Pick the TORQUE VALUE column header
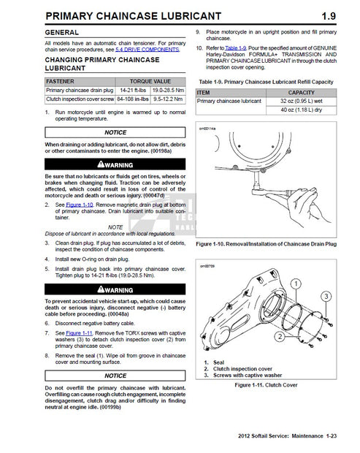tap(150, 82)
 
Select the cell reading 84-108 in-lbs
tap(133, 98)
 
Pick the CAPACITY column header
tap(301, 93)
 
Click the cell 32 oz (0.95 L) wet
tap(301, 102)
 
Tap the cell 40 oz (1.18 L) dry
tap(301, 110)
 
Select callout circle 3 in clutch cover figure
tap(326, 295)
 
